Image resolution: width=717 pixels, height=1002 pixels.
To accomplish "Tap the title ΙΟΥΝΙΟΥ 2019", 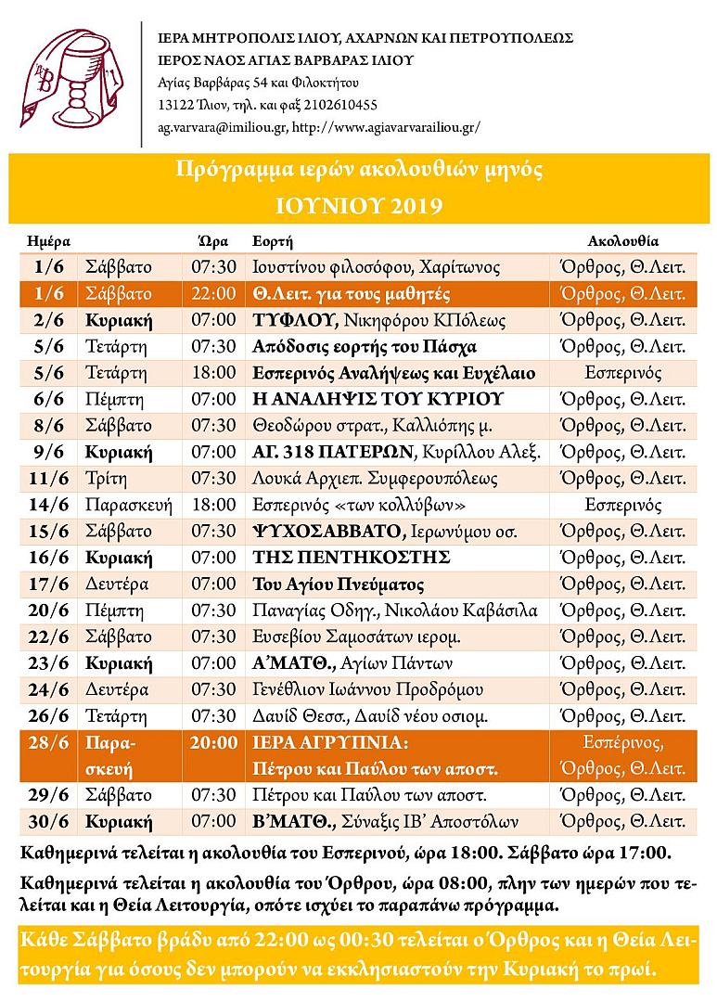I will (x=358, y=204).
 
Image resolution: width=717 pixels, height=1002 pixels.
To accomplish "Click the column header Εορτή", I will (x=273, y=241).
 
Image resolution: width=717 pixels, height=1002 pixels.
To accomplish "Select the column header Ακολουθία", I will (x=622, y=241).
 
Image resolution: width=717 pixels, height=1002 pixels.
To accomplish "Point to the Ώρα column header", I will (x=213, y=241).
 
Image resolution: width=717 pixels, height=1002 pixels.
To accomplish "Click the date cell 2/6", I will (x=47, y=321).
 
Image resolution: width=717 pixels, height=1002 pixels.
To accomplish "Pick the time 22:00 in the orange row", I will (x=213, y=294).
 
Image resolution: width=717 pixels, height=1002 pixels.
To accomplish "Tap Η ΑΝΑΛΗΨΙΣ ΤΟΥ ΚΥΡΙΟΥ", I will (x=378, y=400).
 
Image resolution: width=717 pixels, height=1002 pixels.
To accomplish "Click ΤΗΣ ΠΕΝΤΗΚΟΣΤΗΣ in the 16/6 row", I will (x=352, y=559).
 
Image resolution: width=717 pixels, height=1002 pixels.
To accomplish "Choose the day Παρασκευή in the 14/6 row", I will (x=127, y=506).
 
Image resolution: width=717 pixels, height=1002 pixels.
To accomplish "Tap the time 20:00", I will (x=213, y=743).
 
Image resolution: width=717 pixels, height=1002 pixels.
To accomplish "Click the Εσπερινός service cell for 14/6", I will (x=622, y=506).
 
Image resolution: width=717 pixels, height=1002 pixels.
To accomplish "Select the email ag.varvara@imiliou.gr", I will (x=222, y=126).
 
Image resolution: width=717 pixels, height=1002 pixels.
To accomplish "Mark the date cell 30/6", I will (x=47, y=822).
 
